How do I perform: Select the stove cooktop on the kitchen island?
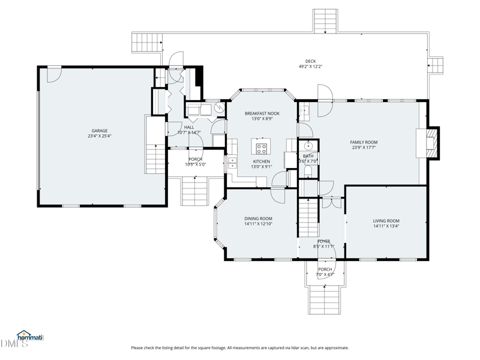pos(262,147)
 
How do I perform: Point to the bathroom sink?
pos(309,146)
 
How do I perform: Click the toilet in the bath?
pos(308,171)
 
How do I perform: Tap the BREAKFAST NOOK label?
pos(262,113)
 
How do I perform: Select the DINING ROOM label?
pos(258,218)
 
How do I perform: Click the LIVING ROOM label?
pos(386,221)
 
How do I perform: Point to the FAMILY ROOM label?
pos(364,142)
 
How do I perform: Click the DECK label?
pos(310,61)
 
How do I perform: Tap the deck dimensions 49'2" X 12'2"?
pos(310,67)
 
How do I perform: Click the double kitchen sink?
pos(232,163)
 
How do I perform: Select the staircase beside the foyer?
pos(308,218)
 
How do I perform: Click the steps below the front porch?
pos(325,299)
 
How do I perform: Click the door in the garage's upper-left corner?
pos(53,73)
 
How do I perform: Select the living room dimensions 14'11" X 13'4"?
pos(386,227)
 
